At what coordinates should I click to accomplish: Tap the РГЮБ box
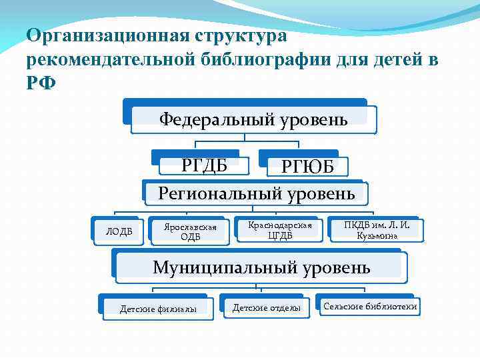[x=307, y=167]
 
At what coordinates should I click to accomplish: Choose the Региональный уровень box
[x=256, y=193]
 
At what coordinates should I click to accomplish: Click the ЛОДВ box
[x=119, y=231]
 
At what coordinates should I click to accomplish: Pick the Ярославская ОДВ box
[x=190, y=231]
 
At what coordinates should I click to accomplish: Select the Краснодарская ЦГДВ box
[x=280, y=229]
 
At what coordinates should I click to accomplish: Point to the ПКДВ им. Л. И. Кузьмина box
[x=377, y=230]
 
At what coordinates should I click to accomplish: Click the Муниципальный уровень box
[x=261, y=267]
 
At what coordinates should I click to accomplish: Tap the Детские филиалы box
[x=158, y=309]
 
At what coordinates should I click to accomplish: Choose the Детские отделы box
[x=266, y=307]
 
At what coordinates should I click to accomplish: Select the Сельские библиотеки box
[x=370, y=307]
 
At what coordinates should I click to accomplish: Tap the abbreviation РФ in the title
[x=39, y=85]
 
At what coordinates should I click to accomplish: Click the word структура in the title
[x=238, y=35]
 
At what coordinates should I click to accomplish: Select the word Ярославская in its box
[x=191, y=227]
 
